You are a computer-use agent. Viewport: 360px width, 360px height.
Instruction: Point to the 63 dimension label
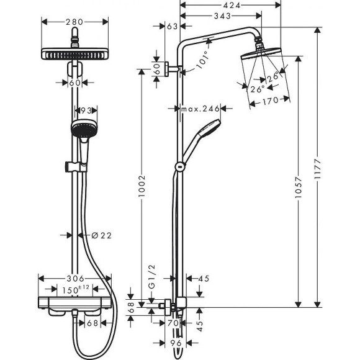coord(172,26)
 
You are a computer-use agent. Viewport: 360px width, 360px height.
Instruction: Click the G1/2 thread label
coord(150,289)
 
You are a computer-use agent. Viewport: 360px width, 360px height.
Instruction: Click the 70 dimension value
coord(174,323)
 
